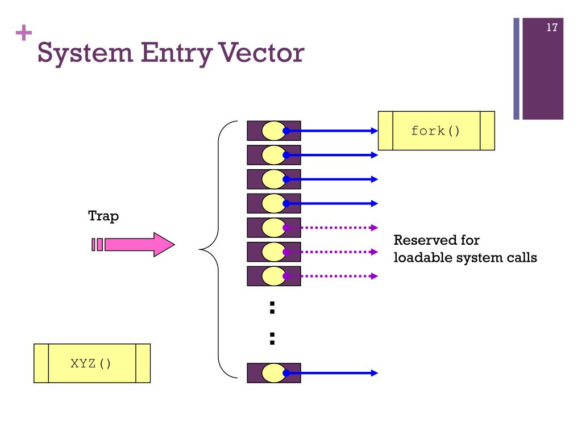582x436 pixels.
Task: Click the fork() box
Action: tap(436, 131)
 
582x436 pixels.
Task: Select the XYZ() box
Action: tap(92, 363)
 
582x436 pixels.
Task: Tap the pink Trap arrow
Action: tap(133, 245)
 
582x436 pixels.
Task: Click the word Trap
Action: tap(103, 216)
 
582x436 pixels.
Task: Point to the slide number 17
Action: tap(552, 27)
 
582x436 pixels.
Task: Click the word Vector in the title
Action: tap(261, 53)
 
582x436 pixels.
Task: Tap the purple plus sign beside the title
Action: tap(24, 32)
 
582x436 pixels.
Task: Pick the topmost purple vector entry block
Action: tap(274, 131)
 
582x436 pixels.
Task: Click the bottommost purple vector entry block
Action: tap(274, 373)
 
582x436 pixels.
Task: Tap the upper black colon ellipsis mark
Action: tap(272, 308)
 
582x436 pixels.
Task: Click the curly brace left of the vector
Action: tap(219, 249)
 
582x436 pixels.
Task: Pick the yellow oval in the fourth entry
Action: tap(274, 204)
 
